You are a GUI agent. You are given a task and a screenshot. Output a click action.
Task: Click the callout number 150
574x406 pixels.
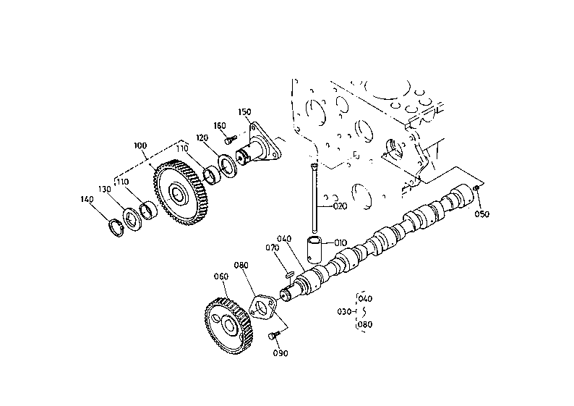(244, 111)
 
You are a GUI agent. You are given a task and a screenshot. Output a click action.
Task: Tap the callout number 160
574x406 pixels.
(220, 126)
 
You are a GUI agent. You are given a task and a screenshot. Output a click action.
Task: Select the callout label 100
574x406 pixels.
(140, 146)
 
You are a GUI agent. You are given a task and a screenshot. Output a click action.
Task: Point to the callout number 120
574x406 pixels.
(202, 138)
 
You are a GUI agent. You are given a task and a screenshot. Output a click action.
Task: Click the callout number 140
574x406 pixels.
(87, 199)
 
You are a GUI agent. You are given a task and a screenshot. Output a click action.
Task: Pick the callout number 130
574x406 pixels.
(105, 189)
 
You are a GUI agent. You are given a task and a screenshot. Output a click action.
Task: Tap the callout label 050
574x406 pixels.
(481, 214)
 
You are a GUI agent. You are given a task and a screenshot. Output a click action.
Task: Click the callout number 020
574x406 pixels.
(340, 207)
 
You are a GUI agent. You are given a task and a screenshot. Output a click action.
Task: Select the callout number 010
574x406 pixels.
(340, 243)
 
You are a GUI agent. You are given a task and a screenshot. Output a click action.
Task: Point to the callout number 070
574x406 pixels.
(272, 248)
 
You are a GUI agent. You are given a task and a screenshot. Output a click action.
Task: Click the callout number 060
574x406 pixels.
(221, 276)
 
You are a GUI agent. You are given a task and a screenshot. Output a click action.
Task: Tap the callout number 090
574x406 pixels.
(280, 353)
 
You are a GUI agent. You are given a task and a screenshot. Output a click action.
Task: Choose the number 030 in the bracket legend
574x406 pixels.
(344, 312)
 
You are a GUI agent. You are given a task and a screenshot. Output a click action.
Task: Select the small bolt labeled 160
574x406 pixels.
(230, 140)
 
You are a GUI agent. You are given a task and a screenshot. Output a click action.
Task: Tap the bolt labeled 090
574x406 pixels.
(274, 335)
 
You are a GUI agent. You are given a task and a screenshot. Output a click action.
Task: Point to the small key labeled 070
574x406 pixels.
(289, 274)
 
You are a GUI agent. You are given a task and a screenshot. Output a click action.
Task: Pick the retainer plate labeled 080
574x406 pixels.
(262, 308)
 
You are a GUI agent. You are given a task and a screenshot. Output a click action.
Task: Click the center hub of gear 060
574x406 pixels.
(229, 326)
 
